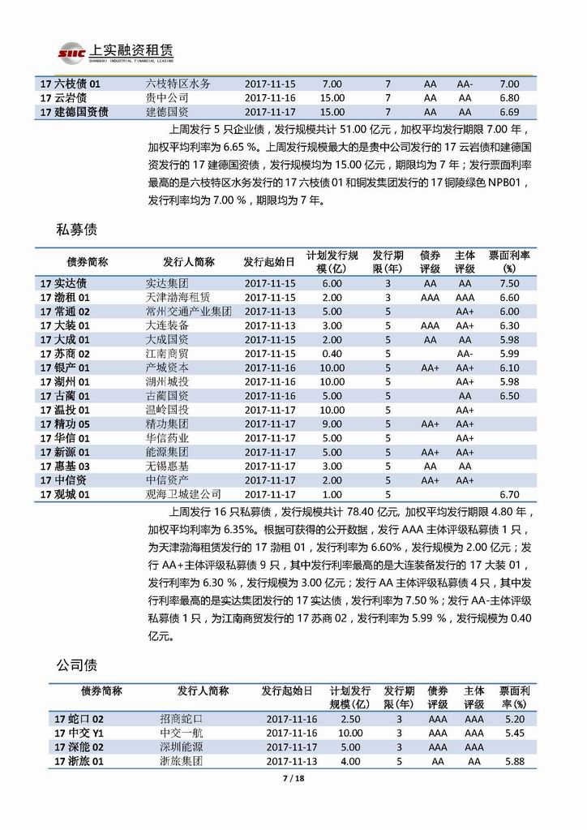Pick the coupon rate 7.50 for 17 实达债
[509, 283]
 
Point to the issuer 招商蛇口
[181, 719]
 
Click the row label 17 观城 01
[64, 493]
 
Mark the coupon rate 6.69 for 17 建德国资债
[509, 112]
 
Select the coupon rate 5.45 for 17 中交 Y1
[514, 733]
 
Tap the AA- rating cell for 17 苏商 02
[465, 353]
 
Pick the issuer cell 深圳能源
[181, 747]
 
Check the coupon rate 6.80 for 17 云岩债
[509, 97]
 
